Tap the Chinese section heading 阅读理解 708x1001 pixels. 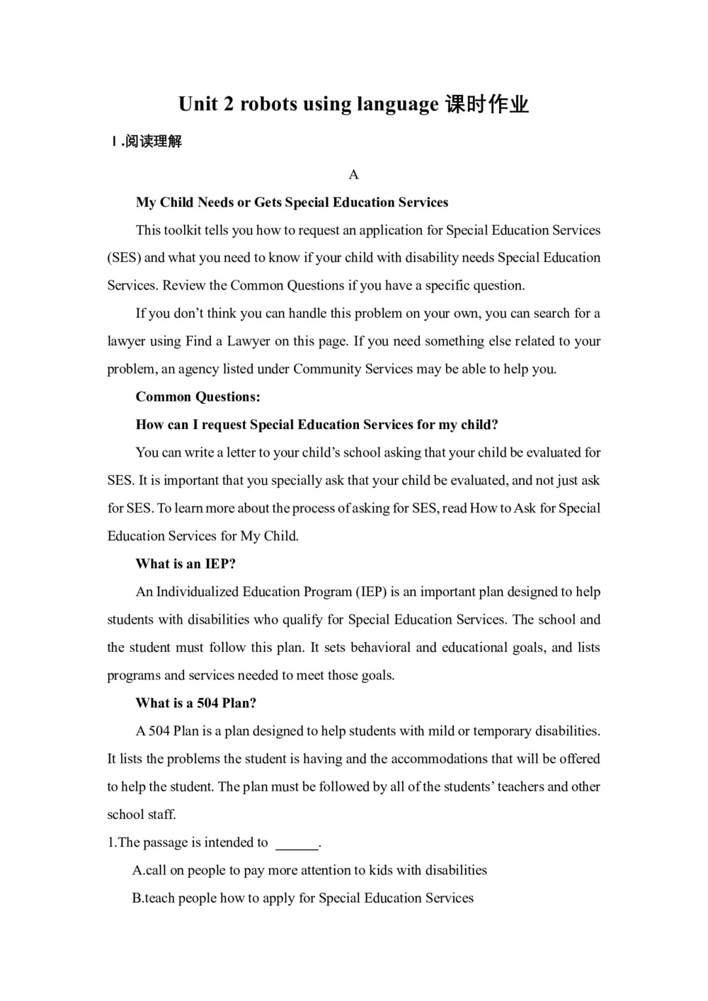(x=154, y=142)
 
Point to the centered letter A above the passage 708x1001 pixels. (x=354, y=175)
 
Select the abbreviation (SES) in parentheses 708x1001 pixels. (x=124, y=258)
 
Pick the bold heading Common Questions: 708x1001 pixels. (x=198, y=396)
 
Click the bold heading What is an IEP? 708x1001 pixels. (x=185, y=564)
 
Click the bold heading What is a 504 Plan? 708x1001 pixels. (x=196, y=703)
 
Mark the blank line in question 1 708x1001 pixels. (x=297, y=844)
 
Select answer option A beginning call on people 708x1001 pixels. (x=309, y=870)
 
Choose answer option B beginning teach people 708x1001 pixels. (x=303, y=898)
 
